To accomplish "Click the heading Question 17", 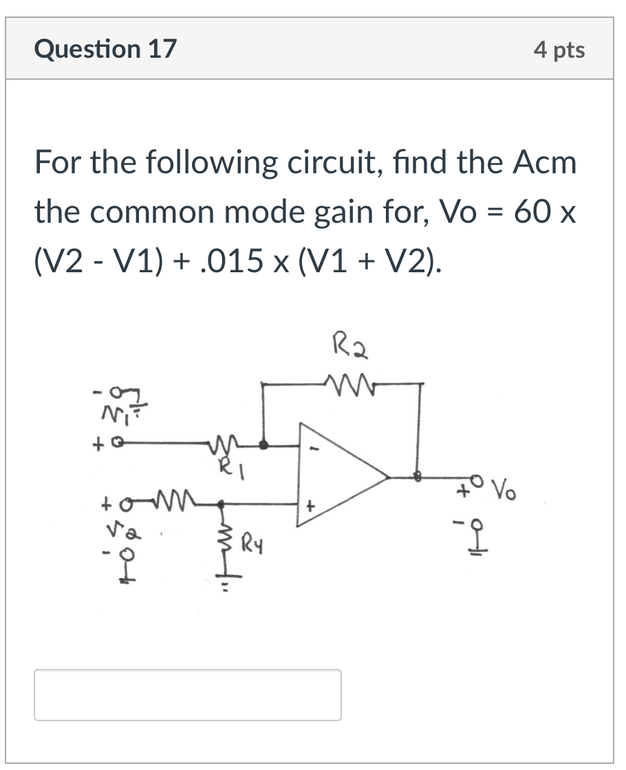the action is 105,49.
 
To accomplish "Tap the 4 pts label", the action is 559,50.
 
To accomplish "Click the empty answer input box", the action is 188,695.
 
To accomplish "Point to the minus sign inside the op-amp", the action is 316,448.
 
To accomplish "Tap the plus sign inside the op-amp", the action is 310,505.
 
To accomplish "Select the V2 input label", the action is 124,530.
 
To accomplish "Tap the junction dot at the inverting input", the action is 264,445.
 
